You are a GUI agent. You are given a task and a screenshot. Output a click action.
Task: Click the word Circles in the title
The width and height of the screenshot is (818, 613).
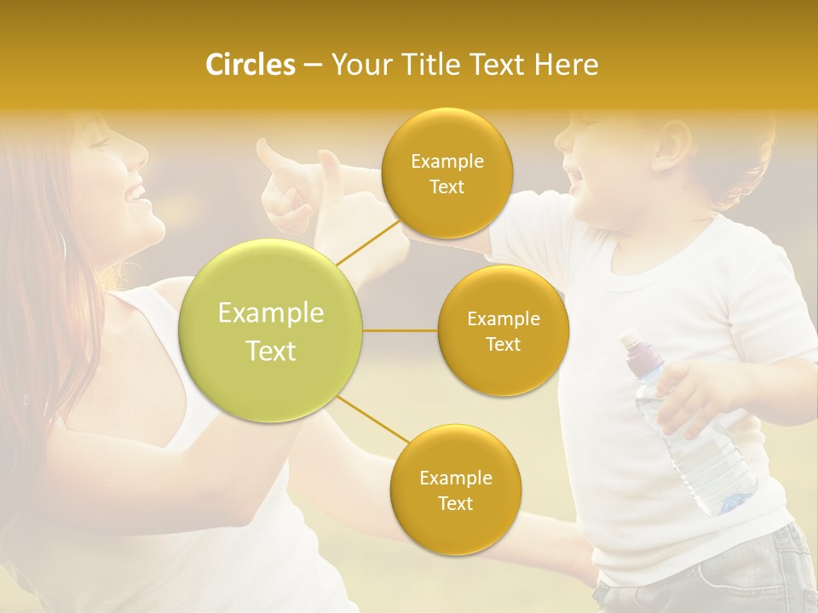[x=250, y=65]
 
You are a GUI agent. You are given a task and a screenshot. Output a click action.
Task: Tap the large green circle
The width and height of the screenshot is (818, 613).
[x=271, y=331]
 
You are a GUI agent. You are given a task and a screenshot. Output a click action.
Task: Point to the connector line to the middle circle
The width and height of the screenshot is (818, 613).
[x=400, y=330]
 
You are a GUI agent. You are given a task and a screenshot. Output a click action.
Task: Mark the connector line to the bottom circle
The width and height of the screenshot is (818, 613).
[x=373, y=421]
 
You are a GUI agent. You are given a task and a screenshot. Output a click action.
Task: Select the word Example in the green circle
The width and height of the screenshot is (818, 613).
[x=271, y=313]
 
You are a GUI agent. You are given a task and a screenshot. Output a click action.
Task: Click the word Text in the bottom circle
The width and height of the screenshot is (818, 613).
[x=455, y=503]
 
